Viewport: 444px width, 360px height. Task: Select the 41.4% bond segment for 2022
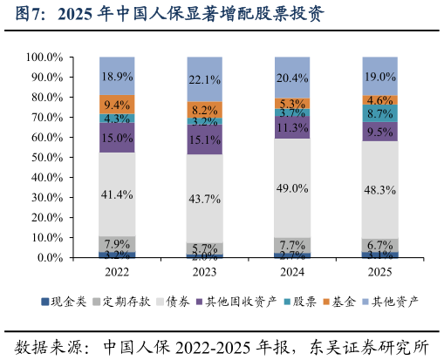pos(117,194)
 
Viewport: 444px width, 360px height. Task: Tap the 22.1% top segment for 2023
pos(205,79)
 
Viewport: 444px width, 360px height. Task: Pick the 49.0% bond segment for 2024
pos(292,188)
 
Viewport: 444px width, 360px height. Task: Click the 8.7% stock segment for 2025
pos(380,113)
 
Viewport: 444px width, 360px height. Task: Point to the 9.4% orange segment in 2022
pos(117,105)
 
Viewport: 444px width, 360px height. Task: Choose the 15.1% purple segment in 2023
pos(205,139)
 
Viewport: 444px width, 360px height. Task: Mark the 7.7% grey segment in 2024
pos(292,245)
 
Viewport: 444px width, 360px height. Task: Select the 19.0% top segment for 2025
pos(380,76)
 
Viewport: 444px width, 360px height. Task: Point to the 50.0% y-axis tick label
pos(46,158)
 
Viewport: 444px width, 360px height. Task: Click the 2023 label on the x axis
pos(205,272)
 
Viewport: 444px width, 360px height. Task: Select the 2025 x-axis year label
pos(380,272)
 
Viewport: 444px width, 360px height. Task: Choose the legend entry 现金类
pos(68,302)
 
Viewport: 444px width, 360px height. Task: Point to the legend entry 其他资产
pos(394,302)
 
